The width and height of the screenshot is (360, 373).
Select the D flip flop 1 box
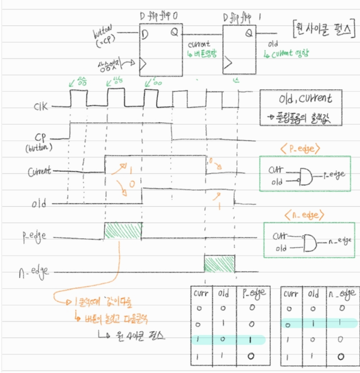tap(240, 52)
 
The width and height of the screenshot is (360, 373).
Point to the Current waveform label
tap(38, 171)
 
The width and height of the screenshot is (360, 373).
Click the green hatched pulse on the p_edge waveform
tap(123, 231)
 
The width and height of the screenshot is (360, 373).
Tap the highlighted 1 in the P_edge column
tap(251, 340)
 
